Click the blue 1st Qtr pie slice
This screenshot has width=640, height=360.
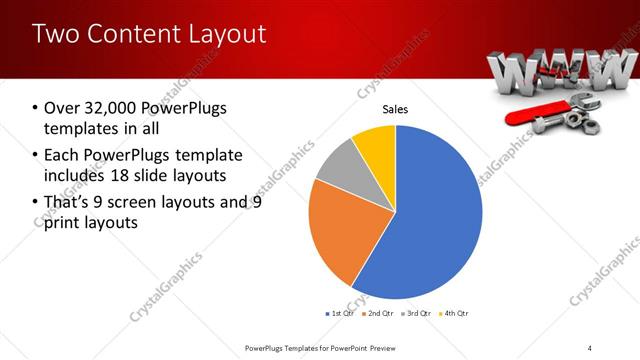pyautogui.click(x=430, y=220)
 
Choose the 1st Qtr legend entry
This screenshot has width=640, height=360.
pyautogui.click(x=339, y=313)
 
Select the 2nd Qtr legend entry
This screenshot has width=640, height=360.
pyautogui.click(x=378, y=313)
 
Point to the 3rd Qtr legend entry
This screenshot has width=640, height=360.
pyautogui.click(x=416, y=313)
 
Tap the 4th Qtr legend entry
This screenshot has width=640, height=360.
pyautogui.click(x=453, y=313)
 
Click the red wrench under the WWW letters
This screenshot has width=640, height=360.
pyautogui.click(x=535, y=113)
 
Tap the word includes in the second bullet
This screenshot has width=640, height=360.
pyautogui.click(x=77, y=175)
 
